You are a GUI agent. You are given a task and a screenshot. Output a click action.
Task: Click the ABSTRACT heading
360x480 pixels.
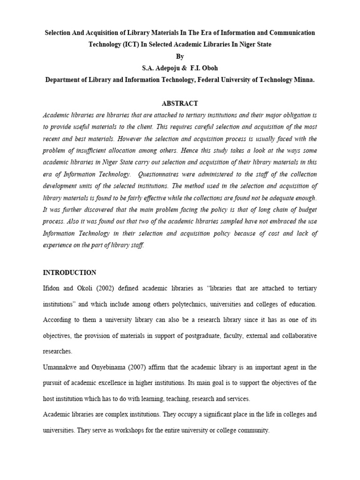pos(180,104)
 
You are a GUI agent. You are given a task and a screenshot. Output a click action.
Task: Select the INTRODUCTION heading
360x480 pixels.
pos(69,272)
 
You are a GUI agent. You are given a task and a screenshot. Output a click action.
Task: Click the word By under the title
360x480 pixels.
pos(180,56)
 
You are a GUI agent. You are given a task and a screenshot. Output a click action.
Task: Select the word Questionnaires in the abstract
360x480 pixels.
pos(165,174)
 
